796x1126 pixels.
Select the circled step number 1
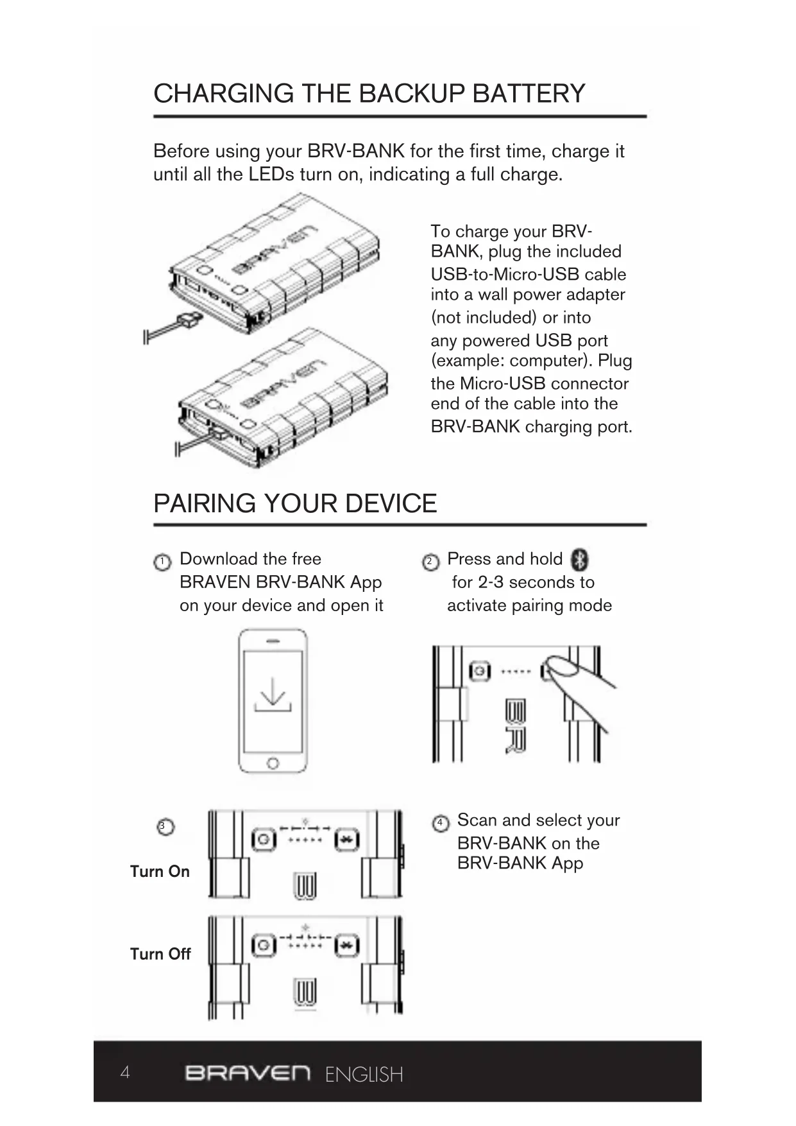162,562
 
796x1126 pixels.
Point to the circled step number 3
165,826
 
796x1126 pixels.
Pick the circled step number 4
440,823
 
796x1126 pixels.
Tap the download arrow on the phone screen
273,695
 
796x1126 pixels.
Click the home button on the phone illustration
273,763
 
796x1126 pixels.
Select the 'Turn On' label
160,872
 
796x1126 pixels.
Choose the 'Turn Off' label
160,954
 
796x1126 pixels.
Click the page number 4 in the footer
125,1072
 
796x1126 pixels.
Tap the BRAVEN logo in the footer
248,1073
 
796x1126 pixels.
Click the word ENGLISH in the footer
364,1075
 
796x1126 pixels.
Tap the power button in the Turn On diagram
263,840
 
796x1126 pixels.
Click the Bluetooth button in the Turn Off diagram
347,945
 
